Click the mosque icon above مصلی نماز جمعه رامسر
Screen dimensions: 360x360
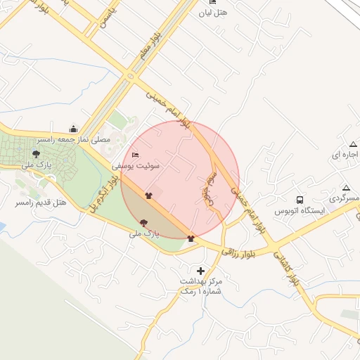[74, 129]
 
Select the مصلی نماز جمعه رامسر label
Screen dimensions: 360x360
[75, 140]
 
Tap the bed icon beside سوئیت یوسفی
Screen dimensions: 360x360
[136, 155]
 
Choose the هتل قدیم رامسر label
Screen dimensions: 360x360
[41, 202]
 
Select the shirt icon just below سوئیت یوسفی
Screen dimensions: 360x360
[148, 195]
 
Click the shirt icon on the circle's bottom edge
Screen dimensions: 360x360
[191, 238]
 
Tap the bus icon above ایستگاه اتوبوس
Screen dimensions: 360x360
[300, 200]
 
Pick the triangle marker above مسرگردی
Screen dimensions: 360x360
[345, 188]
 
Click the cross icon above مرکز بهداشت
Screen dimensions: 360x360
[201, 271]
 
